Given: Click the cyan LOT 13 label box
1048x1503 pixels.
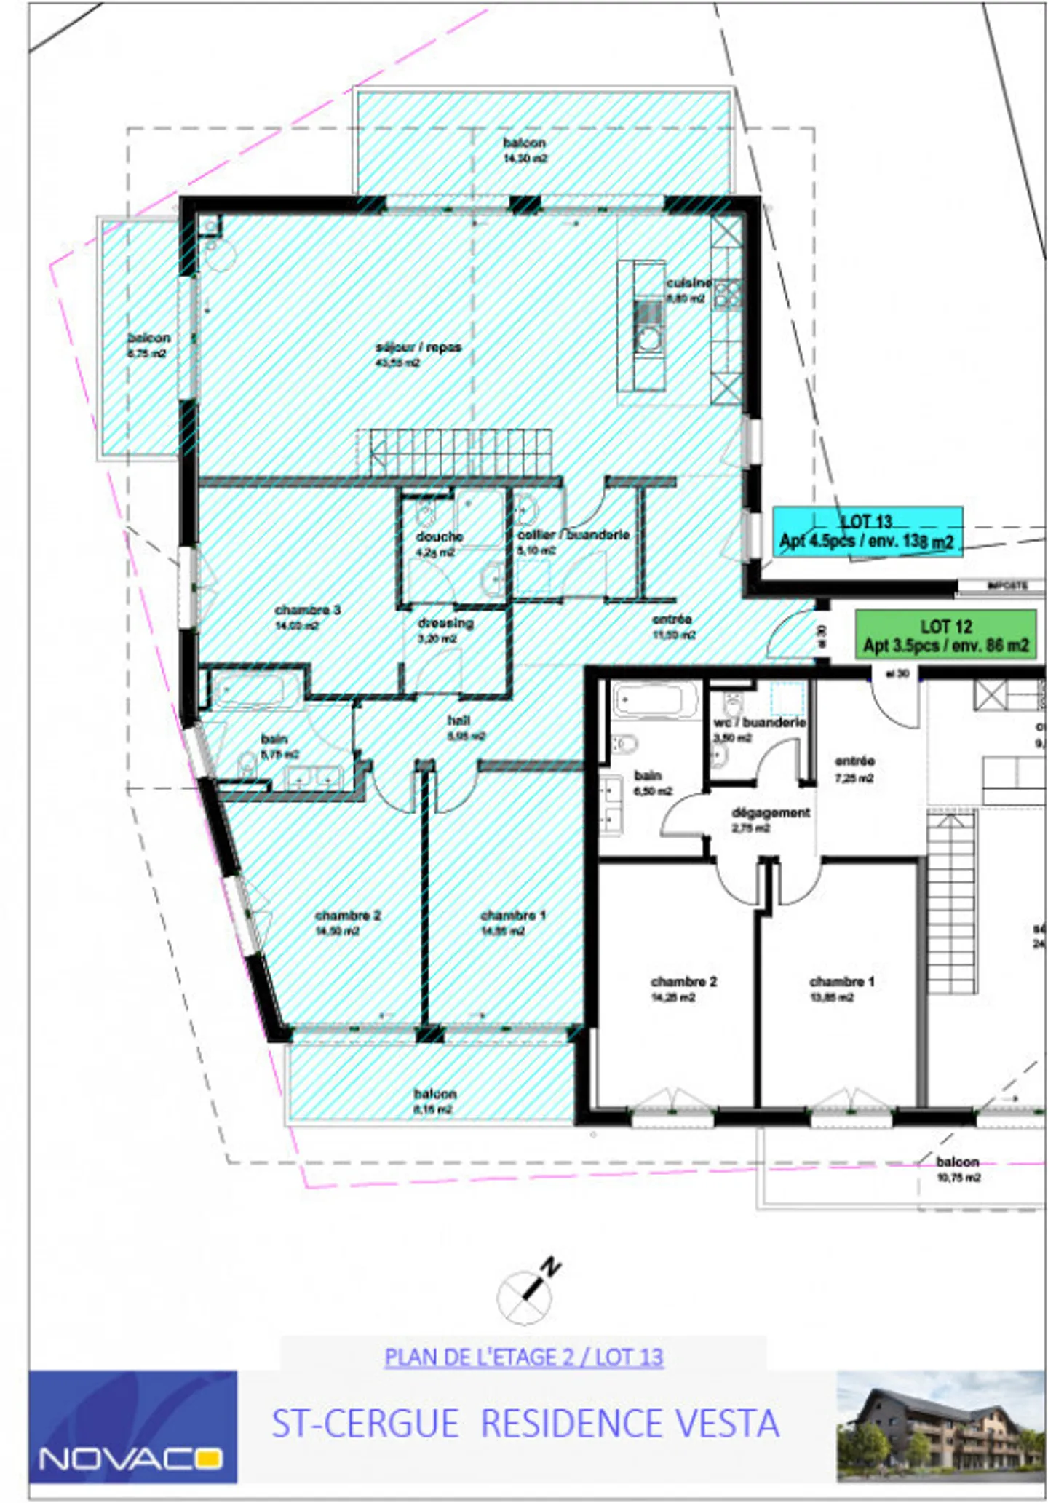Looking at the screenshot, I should (867, 532).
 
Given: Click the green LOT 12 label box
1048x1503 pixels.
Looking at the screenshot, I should (945, 635).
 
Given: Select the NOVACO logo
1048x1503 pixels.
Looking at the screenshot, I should (132, 1427).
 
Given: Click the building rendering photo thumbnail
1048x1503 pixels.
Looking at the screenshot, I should (940, 1427).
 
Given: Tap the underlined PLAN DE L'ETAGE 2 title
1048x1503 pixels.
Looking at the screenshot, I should (523, 1357).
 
